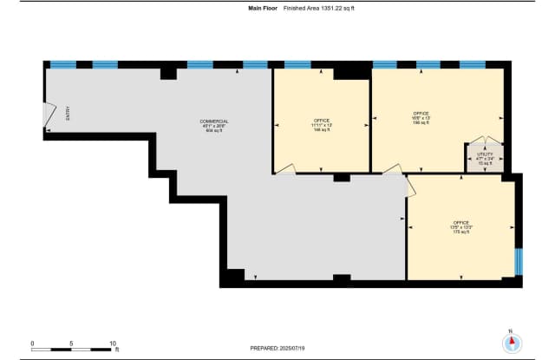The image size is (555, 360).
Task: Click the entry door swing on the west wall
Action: (49, 115)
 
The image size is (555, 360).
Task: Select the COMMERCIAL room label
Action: (213, 124)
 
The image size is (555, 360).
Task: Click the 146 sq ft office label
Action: (323, 124)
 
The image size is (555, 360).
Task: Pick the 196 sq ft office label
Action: (421, 118)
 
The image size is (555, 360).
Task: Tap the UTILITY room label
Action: (484, 158)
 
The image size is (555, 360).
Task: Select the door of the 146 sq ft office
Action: (287, 169)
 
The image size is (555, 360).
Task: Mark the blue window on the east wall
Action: (518, 260)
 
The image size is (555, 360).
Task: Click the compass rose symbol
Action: (511, 342)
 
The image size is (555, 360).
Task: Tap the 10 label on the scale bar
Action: (113, 342)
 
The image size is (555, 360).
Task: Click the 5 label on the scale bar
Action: (72, 342)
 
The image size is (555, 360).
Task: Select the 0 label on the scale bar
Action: (32, 342)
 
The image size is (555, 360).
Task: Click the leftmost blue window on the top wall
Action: (62, 64)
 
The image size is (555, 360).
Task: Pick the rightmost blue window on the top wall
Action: (472, 64)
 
